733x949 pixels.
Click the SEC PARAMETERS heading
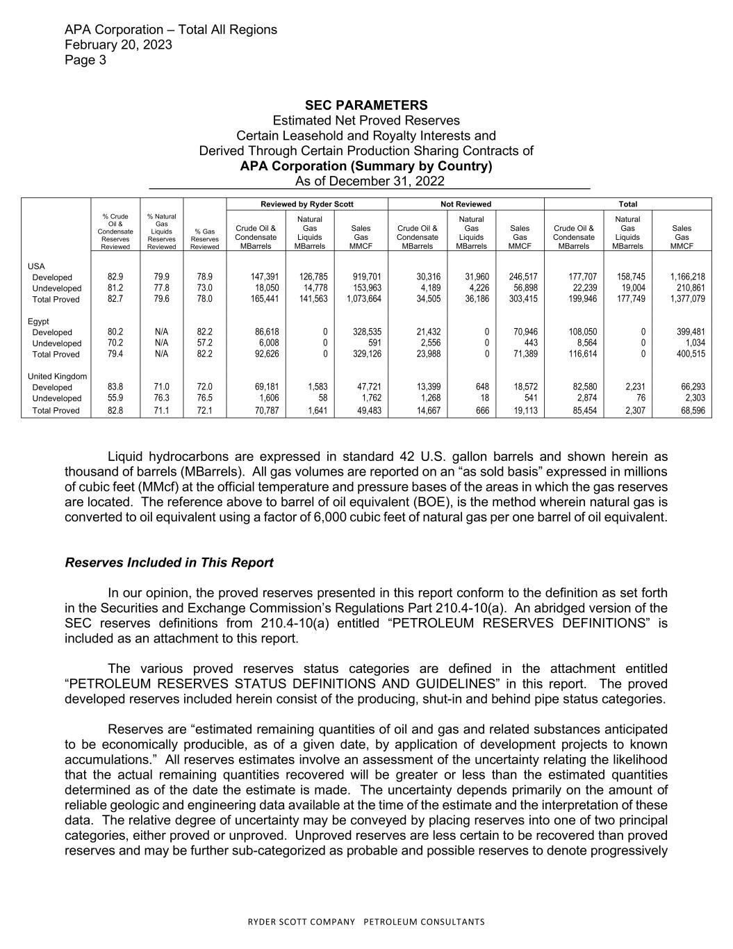pos(366,105)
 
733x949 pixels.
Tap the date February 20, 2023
pos(118,44)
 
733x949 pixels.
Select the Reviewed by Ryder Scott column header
pos(307,204)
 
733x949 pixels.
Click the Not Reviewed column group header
pos(466,204)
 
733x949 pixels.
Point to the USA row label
pos(36,266)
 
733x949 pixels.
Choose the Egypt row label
pos(39,321)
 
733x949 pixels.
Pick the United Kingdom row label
pos(57,376)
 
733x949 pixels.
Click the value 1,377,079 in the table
pos(687,300)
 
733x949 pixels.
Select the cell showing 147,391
pos(265,277)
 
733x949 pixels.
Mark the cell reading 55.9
pos(115,398)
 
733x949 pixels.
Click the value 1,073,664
pos(360,300)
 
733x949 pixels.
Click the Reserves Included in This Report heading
pos(169,562)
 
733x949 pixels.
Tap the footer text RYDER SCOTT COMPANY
pos(303,922)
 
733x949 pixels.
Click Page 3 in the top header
pos(85,60)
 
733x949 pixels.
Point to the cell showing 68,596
pos(690,411)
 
